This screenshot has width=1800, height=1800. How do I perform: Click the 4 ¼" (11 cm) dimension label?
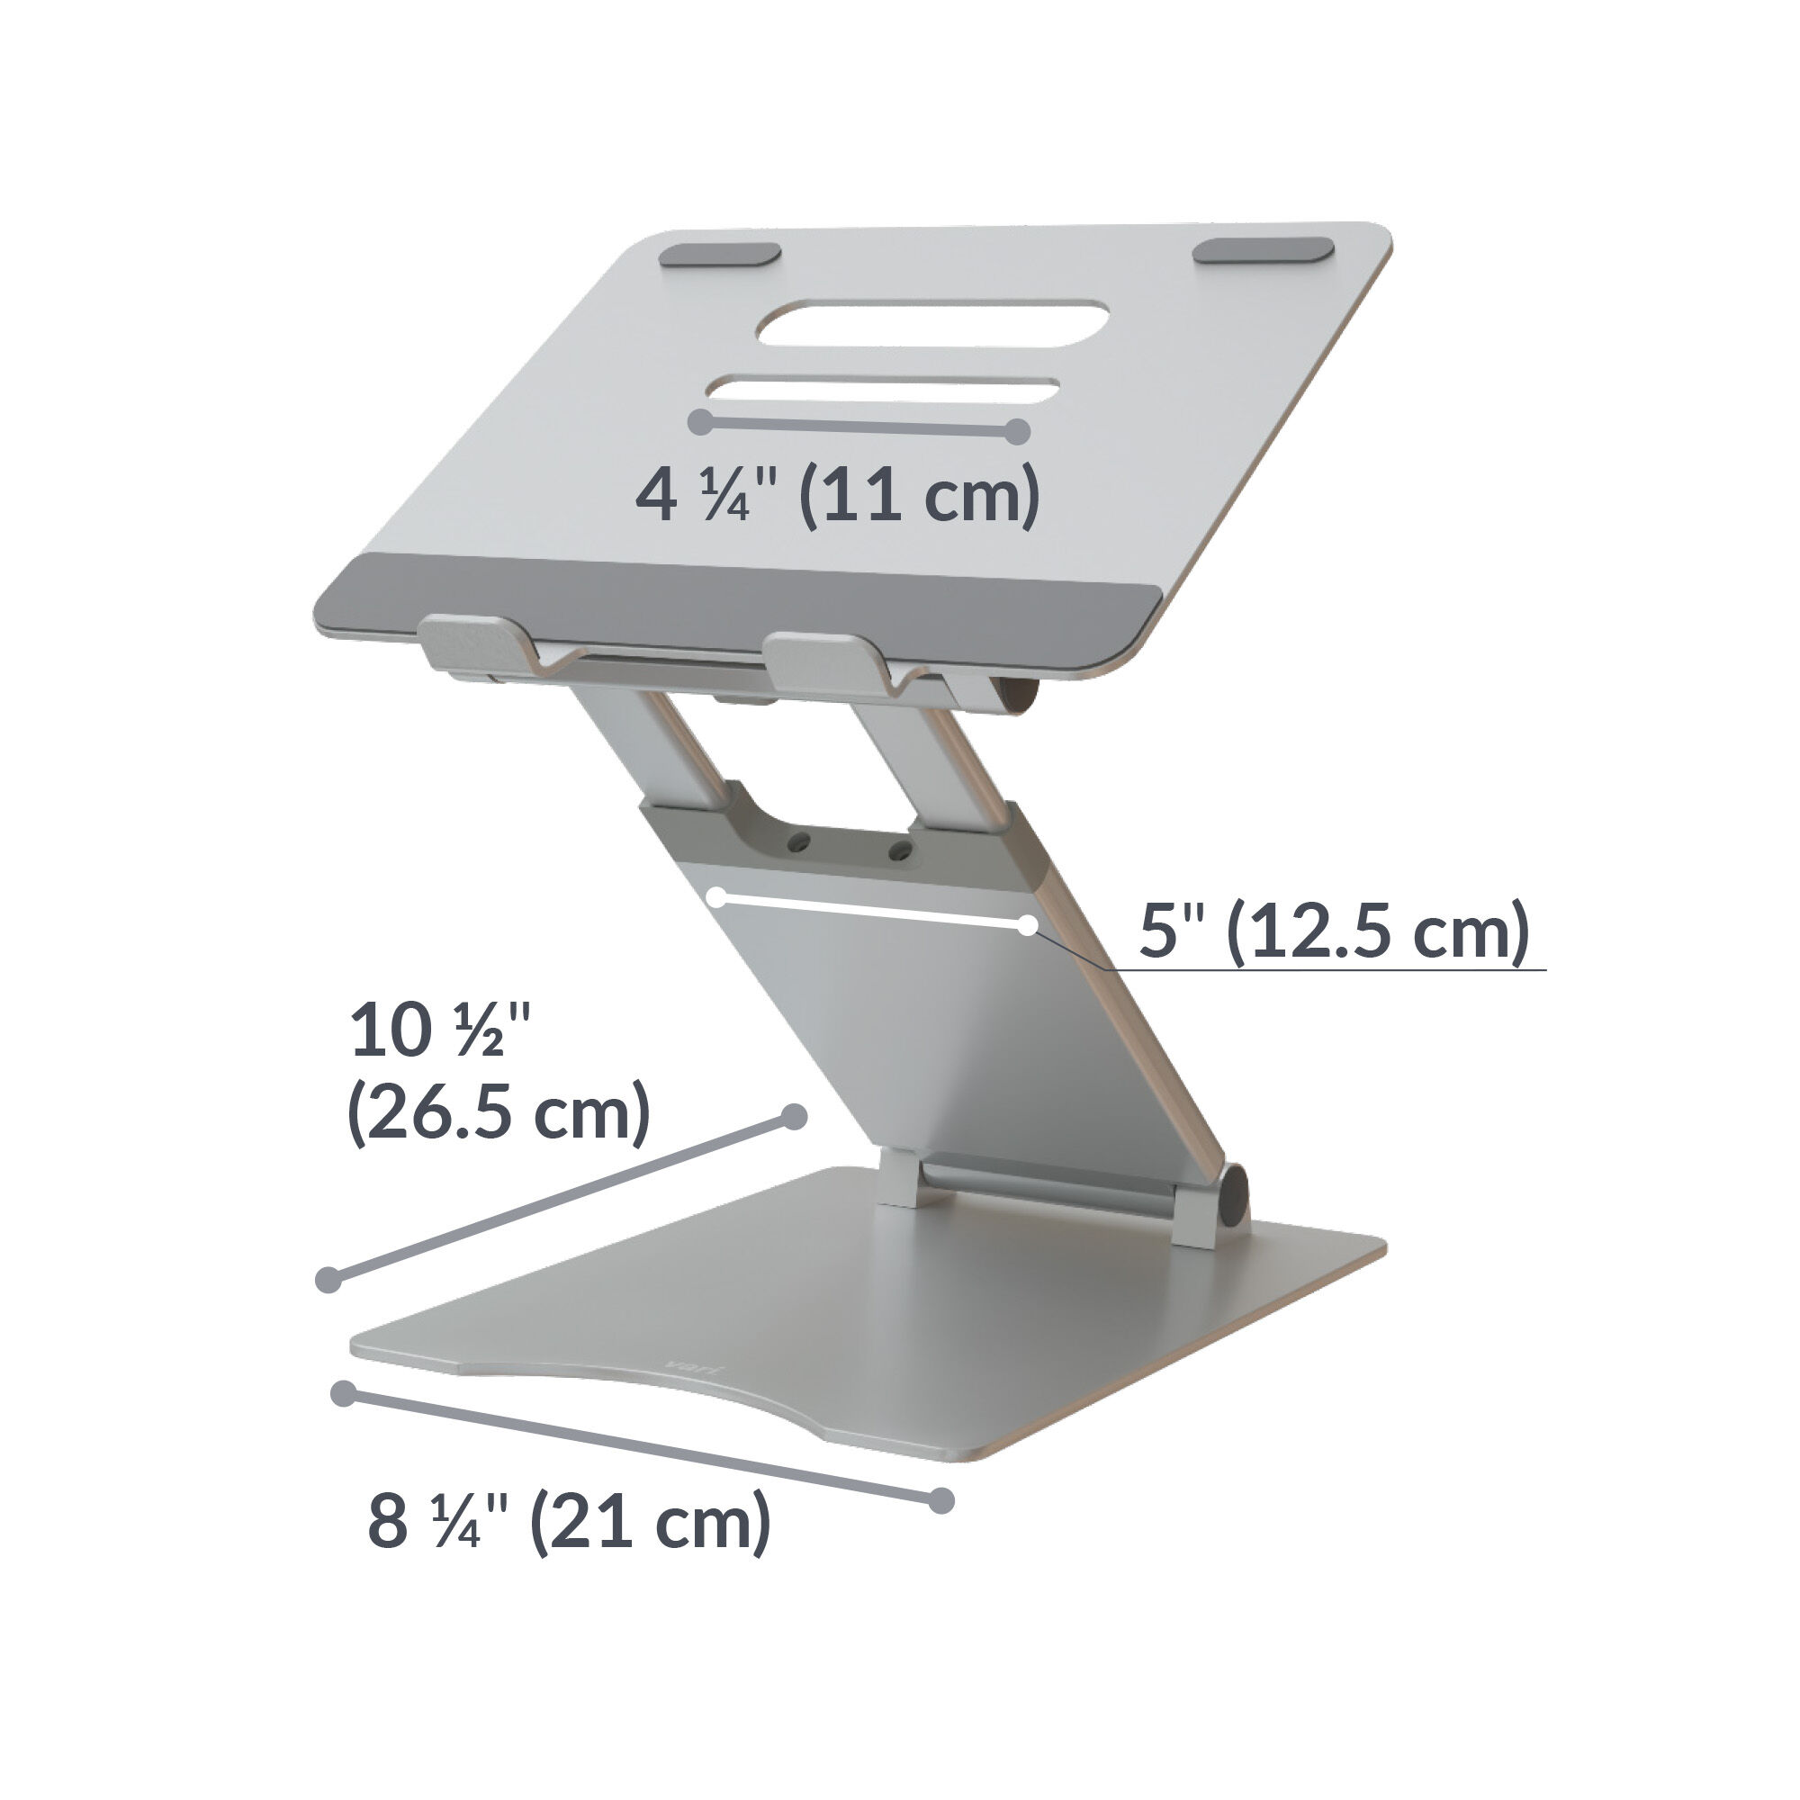(837, 496)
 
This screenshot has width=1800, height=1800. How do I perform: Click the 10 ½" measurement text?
(440, 1031)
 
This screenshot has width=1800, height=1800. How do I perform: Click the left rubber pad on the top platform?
(720, 256)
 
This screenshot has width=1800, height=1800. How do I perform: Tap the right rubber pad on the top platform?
(1264, 249)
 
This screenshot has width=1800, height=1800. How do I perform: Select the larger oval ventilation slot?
(932, 323)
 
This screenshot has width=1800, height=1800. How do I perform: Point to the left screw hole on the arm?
(796, 841)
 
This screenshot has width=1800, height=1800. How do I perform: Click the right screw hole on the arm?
(899, 849)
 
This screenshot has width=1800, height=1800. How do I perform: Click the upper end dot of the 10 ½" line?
(794, 1117)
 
